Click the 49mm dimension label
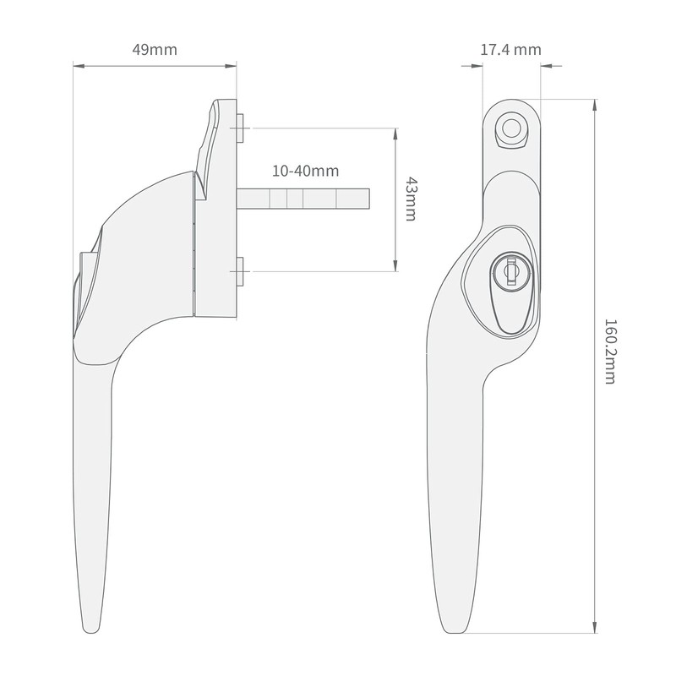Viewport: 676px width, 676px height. [x=155, y=49]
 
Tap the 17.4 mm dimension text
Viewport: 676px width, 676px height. [x=510, y=49]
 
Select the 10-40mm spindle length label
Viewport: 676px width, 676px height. [x=304, y=171]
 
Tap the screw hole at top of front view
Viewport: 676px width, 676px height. [x=510, y=128]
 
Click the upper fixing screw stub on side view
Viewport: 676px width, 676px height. [x=241, y=128]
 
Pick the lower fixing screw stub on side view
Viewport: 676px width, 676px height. [x=241, y=270]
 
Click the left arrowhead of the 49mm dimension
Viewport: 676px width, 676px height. [x=77, y=65]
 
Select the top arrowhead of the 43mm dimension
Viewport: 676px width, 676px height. [x=395, y=132]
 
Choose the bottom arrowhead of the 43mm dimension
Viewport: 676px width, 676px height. [x=395, y=268]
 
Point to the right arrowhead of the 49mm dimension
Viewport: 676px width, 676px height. [x=232, y=65]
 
